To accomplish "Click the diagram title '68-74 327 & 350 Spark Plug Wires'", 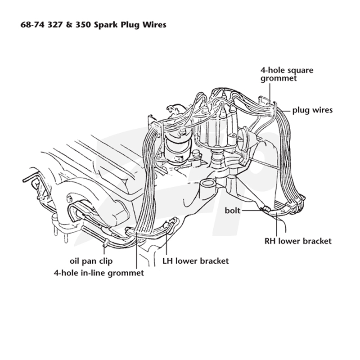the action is [94, 25].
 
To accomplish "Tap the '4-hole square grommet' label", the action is [287, 74].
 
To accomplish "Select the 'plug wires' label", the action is [312, 110].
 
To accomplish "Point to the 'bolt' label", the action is [232, 210].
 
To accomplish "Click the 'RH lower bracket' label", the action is [298, 241].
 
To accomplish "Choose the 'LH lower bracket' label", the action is [196, 261].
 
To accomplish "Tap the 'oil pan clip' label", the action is [91, 261].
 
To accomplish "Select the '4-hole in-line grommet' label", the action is [99, 273].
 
